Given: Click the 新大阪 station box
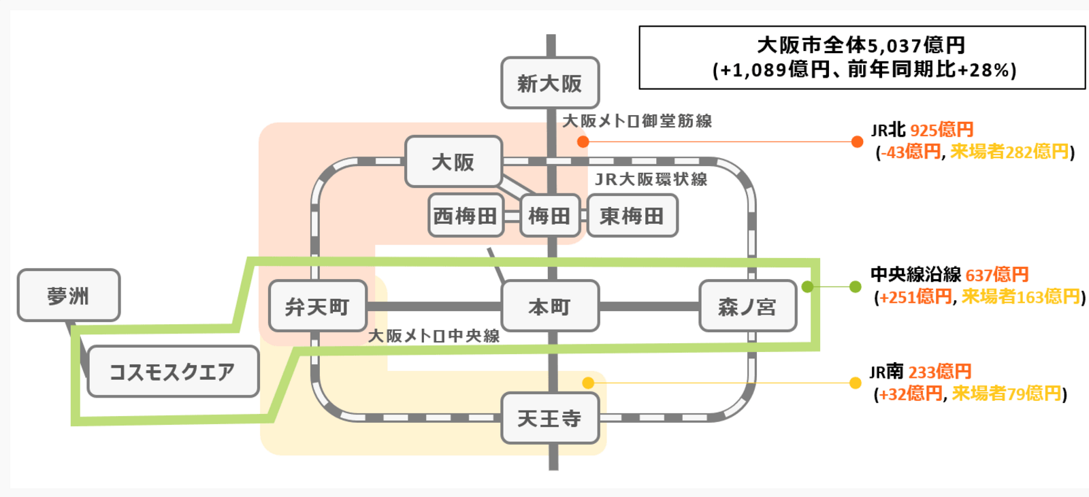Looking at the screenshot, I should coord(550,83).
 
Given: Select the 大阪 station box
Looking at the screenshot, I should coord(453,162).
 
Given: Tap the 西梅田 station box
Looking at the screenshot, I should coord(466,216).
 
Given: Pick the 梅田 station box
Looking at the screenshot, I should coord(550,216).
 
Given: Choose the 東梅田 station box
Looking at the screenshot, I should coord(632,216).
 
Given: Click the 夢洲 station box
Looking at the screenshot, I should coord(69,295).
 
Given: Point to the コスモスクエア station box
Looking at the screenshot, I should coord(173,372).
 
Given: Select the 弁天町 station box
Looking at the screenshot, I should coord(318,306).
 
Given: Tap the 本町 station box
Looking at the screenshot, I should coord(550,306).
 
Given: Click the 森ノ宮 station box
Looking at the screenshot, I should coord(747,306).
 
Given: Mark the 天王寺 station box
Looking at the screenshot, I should coord(550,418).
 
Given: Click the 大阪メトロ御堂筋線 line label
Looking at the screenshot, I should coord(637,121).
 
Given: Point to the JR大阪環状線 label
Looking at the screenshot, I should coord(651,179).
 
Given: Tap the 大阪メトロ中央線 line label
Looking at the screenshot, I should coord(434,336).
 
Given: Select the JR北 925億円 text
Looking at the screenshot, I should coord(922,129).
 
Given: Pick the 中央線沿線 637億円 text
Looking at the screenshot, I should coord(949,274).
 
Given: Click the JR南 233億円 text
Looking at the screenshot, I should coord(920,372).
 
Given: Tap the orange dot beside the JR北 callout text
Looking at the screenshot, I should coord(857,142).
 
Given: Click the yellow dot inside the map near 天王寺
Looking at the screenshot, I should coord(588,383).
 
